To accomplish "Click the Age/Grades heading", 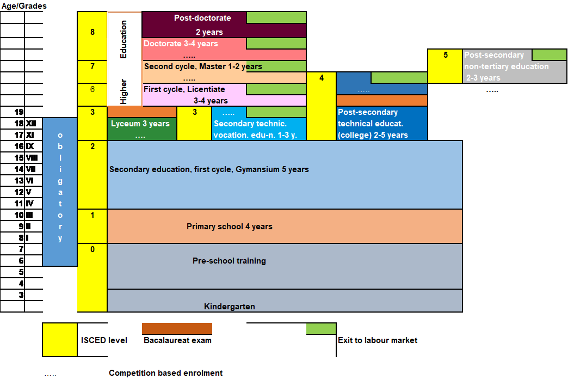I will click(x=23, y=6).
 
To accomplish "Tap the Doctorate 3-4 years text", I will click(x=181, y=44).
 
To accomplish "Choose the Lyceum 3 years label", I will click(x=140, y=124).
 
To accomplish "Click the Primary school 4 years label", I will click(x=229, y=226).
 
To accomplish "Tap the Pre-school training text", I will click(x=229, y=261).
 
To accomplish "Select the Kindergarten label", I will click(x=229, y=307).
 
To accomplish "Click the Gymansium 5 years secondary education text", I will click(x=209, y=169).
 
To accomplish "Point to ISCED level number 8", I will click(x=92, y=32).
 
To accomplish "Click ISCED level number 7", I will click(x=92, y=66).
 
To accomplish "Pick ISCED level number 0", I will click(x=92, y=250).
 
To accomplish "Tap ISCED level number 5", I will click(x=446, y=55).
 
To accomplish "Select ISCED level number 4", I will click(x=322, y=78).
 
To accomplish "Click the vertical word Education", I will click(x=124, y=39).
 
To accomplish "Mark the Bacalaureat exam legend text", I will click(x=177, y=340).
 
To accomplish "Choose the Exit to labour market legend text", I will click(x=378, y=340).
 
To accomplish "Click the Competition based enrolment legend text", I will click(x=165, y=373).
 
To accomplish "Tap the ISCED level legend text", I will click(x=104, y=340).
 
